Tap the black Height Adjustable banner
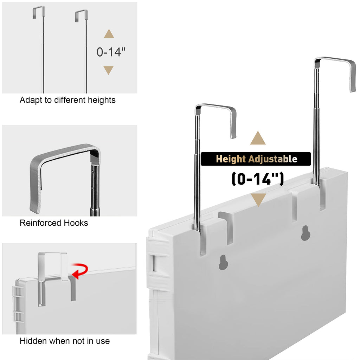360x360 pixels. click(x=256, y=159)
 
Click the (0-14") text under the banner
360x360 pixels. click(x=258, y=179)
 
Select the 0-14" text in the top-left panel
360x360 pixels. click(x=111, y=52)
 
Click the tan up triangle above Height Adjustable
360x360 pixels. click(x=258, y=139)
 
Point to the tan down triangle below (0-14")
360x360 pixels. click(x=258, y=199)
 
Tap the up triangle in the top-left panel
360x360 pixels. click(x=109, y=34)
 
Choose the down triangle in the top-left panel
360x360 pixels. click(x=108, y=70)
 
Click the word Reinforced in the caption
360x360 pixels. click(x=40, y=223)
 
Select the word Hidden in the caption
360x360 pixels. click(x=33, y=341)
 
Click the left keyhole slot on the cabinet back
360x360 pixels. click(x=223, y=262)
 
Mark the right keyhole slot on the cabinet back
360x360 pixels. click(x=306, y=233)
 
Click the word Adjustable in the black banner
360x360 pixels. click(x=273, y=159)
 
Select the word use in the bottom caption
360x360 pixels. click(x=103, y=341)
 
